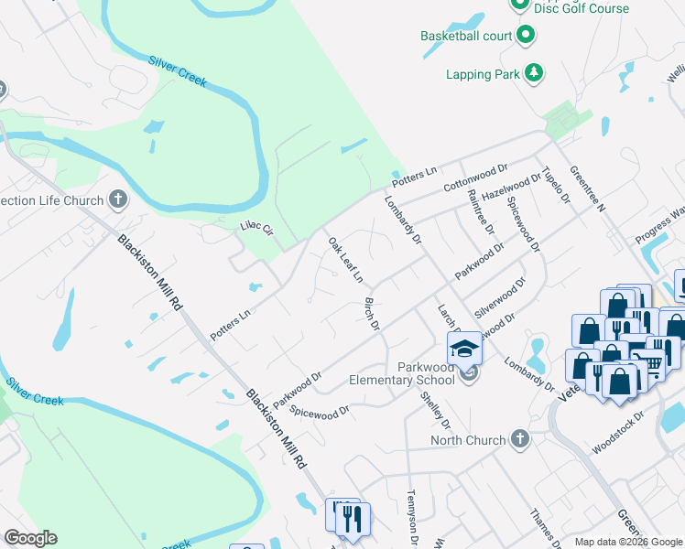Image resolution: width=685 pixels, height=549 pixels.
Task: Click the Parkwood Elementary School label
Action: tap(402, 373)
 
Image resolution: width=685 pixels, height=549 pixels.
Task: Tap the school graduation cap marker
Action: tap(465, 349)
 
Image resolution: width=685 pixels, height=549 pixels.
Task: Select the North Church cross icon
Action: tap(520, 440)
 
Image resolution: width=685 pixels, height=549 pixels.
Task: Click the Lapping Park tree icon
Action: tap(533, 73)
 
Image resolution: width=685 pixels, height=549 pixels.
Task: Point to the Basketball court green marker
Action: tap(526, 37)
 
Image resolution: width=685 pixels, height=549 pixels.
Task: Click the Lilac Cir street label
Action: tap(256, 227)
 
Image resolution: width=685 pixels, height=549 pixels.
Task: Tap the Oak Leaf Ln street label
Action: tap(346, 259)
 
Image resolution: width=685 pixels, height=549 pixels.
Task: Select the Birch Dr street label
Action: tap(372, 313)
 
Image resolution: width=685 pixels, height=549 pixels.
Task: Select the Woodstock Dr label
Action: tap(619, 427)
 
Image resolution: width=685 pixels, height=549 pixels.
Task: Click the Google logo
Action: tap(30, 538)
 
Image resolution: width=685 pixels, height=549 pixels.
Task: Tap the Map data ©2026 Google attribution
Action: tap(628, 542)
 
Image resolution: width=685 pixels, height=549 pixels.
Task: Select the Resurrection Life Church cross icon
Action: tap(117, 199)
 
